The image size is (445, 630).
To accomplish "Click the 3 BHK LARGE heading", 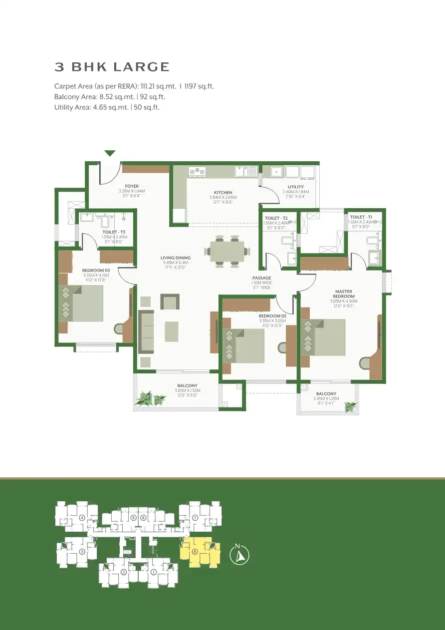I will pos(112,67).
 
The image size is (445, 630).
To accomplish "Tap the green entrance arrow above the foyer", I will pos(110,153).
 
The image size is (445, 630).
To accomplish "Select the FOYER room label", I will pos(132,186).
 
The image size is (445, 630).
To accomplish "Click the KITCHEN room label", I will pos(223,192).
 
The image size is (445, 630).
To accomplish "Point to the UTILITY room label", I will pos(295,187).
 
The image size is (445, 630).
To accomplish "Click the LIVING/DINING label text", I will pos(172,258).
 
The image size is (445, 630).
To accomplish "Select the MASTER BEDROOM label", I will pos(343,294).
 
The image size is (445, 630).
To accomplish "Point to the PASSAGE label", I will pos(261,278).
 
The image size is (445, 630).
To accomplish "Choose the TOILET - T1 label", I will pos(361,217).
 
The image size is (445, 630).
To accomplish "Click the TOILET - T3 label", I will pos(114,232).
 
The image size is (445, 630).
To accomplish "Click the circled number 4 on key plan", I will pos(81,517).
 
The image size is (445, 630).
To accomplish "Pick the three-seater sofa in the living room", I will pos(146,331).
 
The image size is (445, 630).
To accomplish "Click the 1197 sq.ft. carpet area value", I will pos(199,86).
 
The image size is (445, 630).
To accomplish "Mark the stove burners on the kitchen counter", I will pos(198,171).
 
